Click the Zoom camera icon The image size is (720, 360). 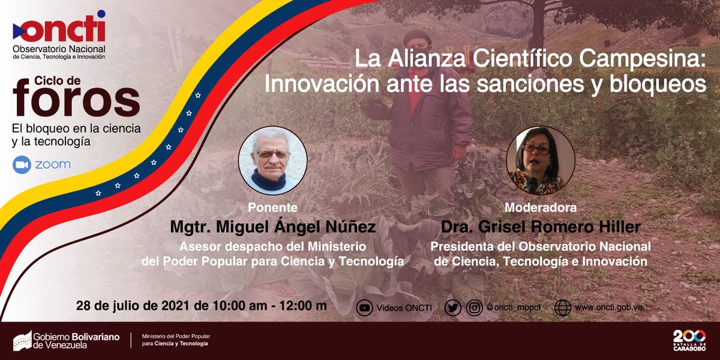click(x=23, y=164)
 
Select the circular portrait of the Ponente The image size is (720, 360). click(x=273, y=160)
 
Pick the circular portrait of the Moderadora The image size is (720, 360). click(x=536, y=160)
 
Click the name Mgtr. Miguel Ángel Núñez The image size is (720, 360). click(x=273, y=228)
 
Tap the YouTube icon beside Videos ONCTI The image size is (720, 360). click(x=364, y=308)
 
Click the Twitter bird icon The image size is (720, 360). click(x=453, y=308)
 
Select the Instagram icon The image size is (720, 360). click(x=475, y=308)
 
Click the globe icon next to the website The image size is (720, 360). click(x=563, y=308)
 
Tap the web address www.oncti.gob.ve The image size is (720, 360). click(x=609, y=308)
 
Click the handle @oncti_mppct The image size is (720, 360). click(x=514, y=308)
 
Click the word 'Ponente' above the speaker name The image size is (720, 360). click(x=273, y=208)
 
